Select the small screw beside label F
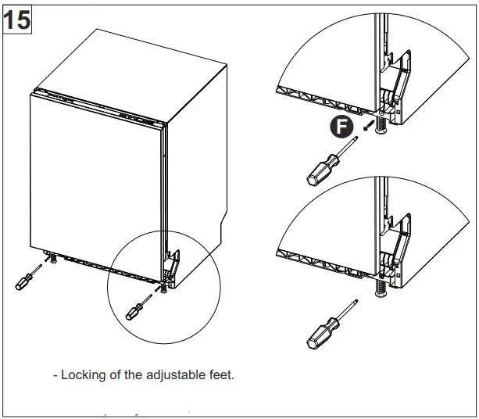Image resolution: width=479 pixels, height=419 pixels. pyautogui.click(x=365, y=125)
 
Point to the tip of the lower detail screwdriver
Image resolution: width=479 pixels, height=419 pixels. pyautogui.click(x=357, y=301)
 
